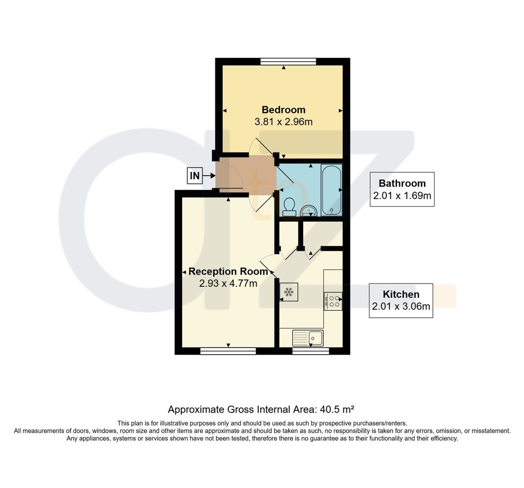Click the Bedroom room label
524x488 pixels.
pos(283,110)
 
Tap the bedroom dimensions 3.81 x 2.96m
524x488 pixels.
pos(283,122)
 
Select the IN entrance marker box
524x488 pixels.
pos(194,175)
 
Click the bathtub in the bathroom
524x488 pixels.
pos(331,190)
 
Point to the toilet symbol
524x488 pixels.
pos(289,206)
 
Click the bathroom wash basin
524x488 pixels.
pos(309,210)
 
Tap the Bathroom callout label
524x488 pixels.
pos(402,183)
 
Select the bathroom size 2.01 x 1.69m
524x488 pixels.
pos(402,196)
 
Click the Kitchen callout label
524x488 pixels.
pos(401,294)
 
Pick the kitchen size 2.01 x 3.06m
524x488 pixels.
pos(401,307)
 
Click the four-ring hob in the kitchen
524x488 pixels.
pos(333,301)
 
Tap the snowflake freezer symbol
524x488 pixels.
pos(289,292)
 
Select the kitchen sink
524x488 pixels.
pos(308,338)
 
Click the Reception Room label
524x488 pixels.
pos(228,271)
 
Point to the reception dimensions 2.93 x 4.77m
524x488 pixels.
pos(228,283)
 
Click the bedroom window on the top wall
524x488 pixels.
pos(287,61)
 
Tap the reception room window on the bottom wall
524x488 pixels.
pos(228,351)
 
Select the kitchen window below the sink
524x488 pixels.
pos(310,351)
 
